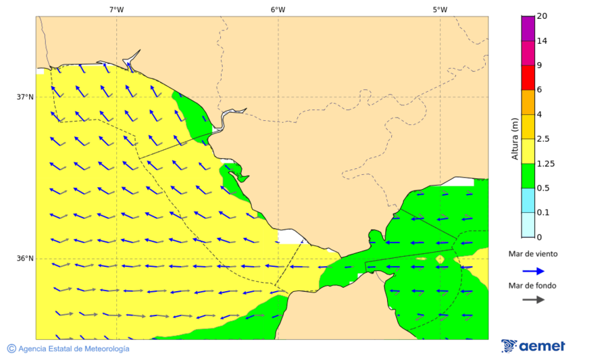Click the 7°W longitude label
point(116,9)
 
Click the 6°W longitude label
point(278,9)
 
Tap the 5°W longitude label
point(440,9)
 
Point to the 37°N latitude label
point(25,97)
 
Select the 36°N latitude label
point(25,259)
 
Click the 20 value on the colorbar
point(542,16)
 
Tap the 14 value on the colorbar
point(542,41)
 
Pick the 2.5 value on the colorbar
point(542,139)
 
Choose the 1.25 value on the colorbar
point(544,163)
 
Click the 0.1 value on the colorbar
point(542,213)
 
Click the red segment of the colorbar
point(528,78)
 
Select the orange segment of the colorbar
point(528,102)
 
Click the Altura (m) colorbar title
point(515,139)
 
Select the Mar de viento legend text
point(533,254)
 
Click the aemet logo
point(533,346)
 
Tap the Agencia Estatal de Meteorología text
point(74,349)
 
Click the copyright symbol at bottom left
point(11,349)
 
